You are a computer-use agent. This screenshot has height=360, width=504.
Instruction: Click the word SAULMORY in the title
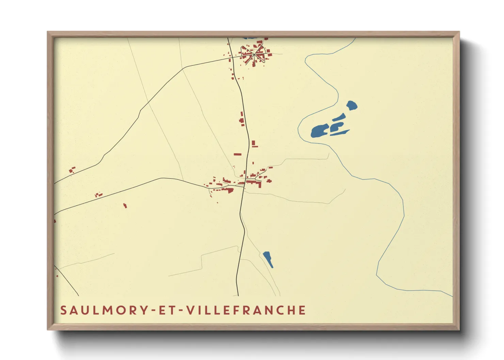[x=104, y=310]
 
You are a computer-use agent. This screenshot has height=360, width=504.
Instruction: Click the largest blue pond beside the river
[x=319, y=131]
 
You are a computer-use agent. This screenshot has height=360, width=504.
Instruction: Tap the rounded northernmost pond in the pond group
[x=351, y=105]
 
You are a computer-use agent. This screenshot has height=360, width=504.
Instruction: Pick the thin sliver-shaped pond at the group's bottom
[x=340, y=133]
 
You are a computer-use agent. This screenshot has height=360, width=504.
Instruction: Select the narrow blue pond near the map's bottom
[x=268, y=259]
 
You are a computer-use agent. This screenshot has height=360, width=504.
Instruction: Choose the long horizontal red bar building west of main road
[x=237, y=154]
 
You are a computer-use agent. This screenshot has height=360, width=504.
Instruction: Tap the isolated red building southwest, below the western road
[x=125, y=205]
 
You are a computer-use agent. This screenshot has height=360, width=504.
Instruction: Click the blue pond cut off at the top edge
[x=250, y=38]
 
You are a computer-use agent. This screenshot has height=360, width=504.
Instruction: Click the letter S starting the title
[x=63, y=310]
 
